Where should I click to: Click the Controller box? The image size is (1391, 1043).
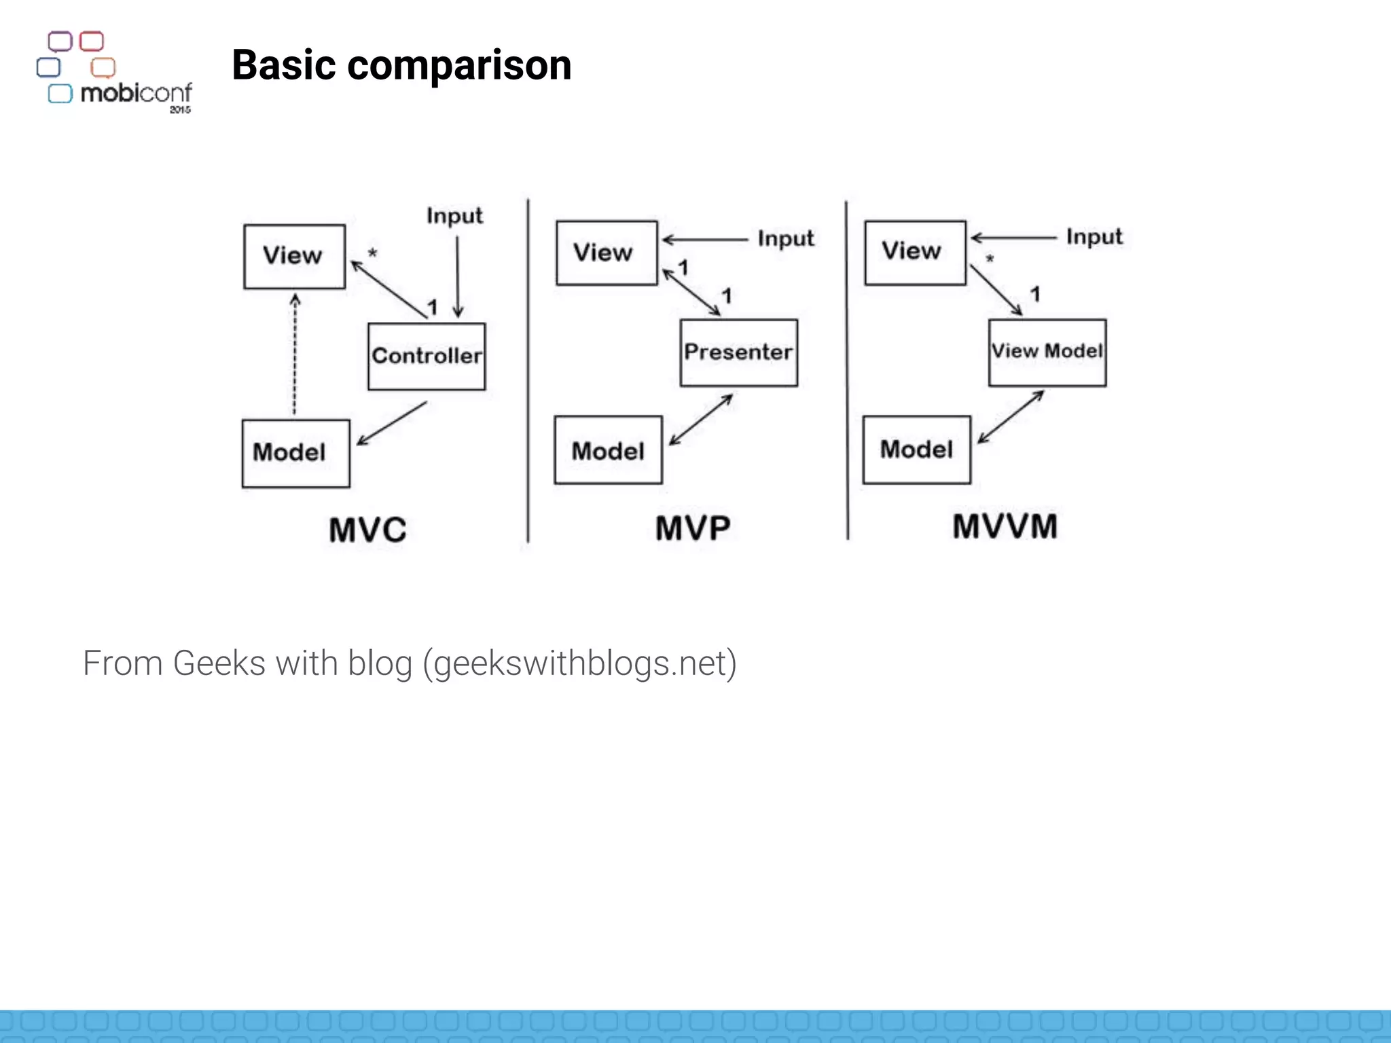coord(427,356)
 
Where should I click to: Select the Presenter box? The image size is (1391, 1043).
coord(738,352)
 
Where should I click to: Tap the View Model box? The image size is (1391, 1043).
coord(1047,352)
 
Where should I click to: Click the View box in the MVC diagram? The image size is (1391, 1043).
coord(294,256)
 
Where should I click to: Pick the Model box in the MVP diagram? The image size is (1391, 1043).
coord(608,450)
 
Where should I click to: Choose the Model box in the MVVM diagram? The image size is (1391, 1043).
coord(916,449)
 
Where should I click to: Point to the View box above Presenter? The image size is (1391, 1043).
coord(606,253)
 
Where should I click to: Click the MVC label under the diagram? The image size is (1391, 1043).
coord(367,530)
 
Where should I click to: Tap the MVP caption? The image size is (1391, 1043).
coord(693,528)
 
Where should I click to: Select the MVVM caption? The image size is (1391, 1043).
coord(1005,526)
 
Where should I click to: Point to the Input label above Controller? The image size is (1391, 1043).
coord(454,216)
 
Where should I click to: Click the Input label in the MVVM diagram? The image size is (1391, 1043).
coord(1094,236)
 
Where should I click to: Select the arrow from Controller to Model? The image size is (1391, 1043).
coord(391,424)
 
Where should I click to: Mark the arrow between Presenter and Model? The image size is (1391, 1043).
coord(701,420)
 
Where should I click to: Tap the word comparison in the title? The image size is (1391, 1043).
coord(459,65)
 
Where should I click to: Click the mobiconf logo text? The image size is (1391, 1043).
coord(136,92)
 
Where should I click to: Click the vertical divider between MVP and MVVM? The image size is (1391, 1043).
coord(846,370)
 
